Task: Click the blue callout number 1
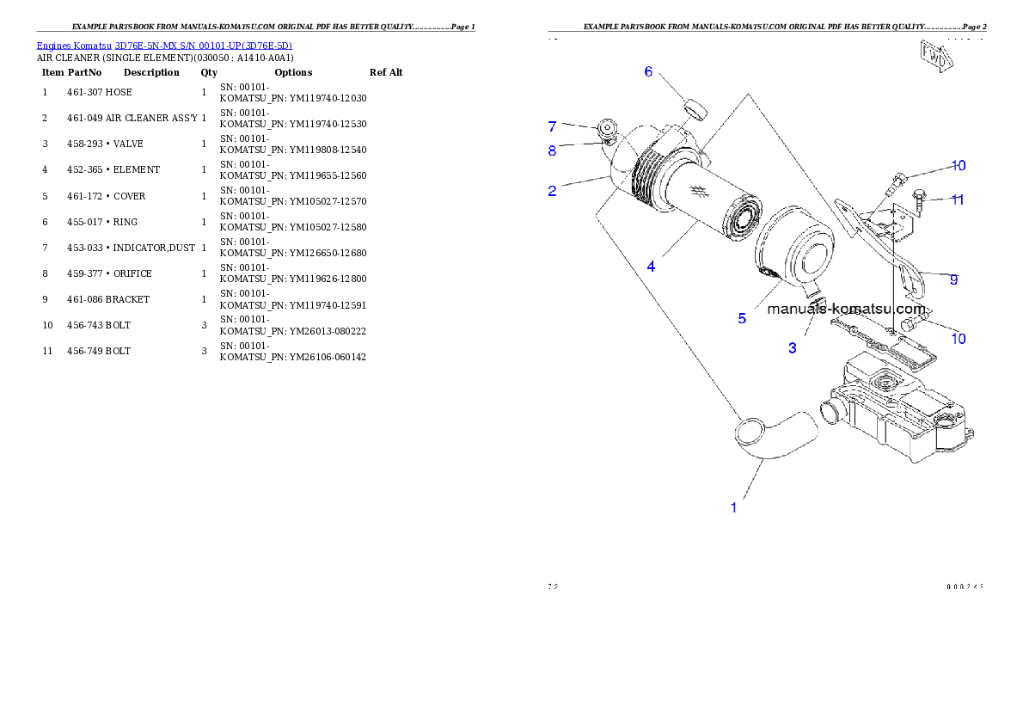733,507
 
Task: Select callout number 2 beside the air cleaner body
552,191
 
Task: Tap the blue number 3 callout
793,348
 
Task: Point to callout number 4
651,267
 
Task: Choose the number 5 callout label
742,318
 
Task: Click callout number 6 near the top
649,71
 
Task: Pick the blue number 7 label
552,126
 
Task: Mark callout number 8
552,150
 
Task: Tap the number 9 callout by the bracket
953,279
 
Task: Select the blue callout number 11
957,199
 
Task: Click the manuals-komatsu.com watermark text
847,309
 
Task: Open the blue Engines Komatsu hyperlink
164,46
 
